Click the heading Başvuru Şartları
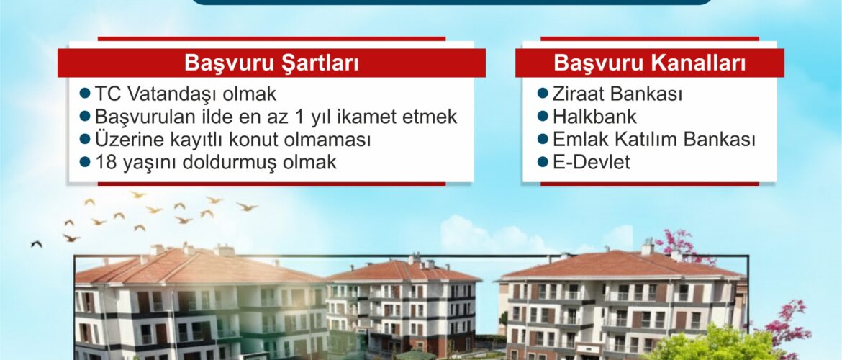(271, 63)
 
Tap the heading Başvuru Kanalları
(650, 63)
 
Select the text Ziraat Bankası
(617, 94)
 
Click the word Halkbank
(594, 117)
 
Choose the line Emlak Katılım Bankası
(654, 139)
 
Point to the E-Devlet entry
(592, 162)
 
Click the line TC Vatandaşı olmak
(185, 94)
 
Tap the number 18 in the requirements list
(106, 162)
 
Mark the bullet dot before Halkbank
(543, 116)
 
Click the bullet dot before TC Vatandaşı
(85, 94)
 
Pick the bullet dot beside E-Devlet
(543, 161)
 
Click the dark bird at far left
(37, 244)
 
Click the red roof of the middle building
(404, 271)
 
